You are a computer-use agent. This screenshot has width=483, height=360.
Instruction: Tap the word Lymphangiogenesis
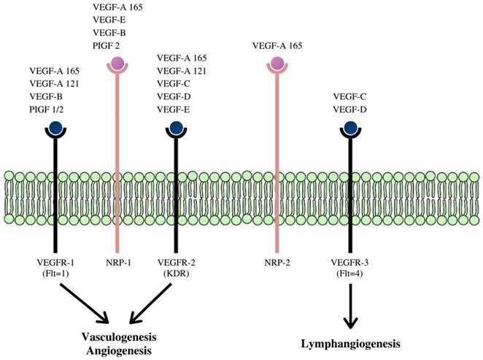coord(352,342)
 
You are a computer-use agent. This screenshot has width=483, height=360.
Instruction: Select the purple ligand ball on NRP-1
coord(117,64)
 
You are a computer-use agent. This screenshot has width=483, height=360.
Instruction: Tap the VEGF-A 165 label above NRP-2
coord(277,45)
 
